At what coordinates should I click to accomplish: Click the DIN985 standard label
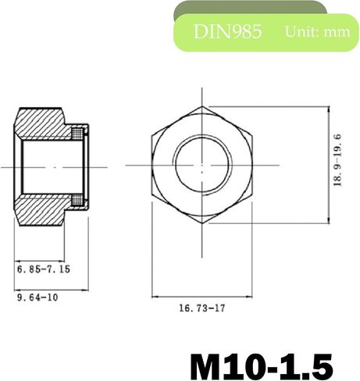coord(227,31)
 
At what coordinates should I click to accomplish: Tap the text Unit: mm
coord(317,31)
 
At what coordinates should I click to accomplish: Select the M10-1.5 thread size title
coord(262,367)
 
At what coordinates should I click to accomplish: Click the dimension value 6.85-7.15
coord(44,269)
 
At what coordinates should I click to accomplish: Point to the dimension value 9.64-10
coord(37,297)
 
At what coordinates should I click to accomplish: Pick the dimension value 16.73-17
coord(201,308)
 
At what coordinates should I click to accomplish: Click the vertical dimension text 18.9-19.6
coord(337,160)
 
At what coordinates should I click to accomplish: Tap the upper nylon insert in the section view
coord(77,134)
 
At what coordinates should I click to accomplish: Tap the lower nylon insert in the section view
coord(77,200)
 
